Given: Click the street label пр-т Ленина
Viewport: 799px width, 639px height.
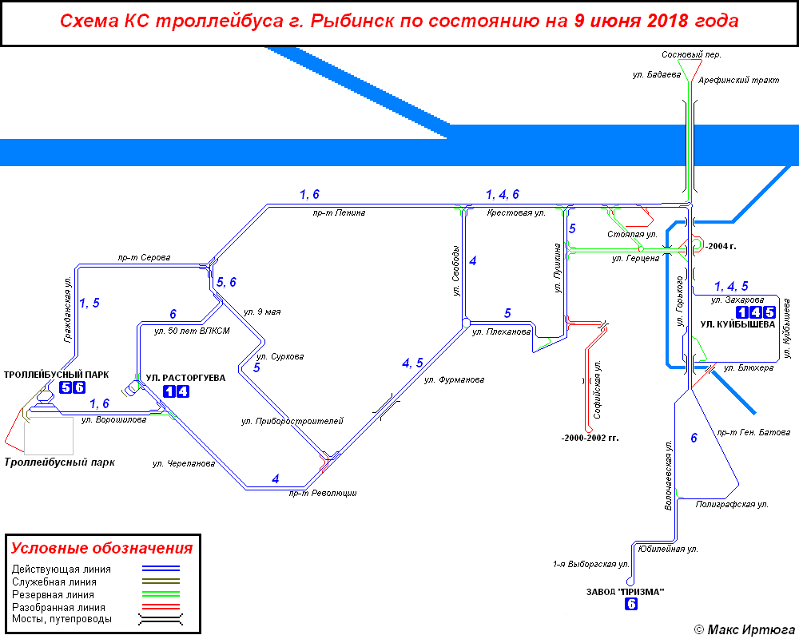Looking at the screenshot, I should tap(340, 213).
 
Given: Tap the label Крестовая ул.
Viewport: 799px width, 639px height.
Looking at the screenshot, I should tap(516, 213).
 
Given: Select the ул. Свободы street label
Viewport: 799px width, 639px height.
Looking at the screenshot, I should tap(456, 270).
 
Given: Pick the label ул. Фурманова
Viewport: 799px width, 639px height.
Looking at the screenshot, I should tap(454, 380).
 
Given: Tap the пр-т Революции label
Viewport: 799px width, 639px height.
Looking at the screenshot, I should tap(323, 494).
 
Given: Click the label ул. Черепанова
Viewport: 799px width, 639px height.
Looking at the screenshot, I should tap(184, 463).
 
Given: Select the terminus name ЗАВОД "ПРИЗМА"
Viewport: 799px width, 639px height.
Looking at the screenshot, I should tap(625, 592).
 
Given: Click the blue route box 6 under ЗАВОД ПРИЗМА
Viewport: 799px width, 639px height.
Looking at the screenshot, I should tap(631, 605).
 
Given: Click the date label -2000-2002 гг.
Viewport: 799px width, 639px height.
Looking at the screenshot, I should tap(590, 439).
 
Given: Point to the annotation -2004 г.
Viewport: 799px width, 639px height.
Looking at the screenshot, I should tap(721, 246).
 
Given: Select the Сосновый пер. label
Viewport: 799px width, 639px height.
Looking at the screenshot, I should tap(691, 54).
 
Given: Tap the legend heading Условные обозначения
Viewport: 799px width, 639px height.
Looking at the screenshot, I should tap(101, 549).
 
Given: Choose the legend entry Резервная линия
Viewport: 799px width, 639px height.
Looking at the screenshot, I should tap(53, 595).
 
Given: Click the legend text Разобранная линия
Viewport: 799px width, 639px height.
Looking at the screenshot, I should tap(58, 607).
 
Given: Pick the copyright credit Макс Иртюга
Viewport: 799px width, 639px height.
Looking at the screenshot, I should tap(744, 629).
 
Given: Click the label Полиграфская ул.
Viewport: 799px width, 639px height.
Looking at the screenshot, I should tap(731, 505).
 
